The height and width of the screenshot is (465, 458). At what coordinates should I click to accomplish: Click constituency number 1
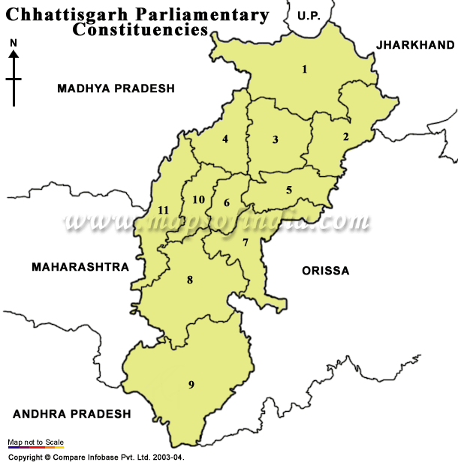pyautogui.click(x=305, y=70)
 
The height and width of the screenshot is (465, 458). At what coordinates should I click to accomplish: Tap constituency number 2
pyautogui.click(x=345, y=136)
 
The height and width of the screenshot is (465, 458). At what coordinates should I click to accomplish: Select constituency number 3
pyautogui.click(x=276, y=139)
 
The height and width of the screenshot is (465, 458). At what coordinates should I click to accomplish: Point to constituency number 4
pyautogui.click(x=224, y=139)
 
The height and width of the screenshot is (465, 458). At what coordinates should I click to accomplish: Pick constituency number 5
pyautogui.click(x=289, y=190)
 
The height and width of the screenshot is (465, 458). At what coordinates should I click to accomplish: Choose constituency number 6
pyautogui.click(x=226, y=203)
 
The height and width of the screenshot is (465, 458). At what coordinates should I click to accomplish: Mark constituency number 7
pyautogui.click(x=245, y=242)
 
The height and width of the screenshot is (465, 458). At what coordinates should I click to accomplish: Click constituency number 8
pyautogui.click(x=190, y=280)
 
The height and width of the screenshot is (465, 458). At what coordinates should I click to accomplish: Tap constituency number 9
pyautogui.click(x=191, y=385)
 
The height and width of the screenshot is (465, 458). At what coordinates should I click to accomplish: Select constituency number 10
pyautogui.click(x=198, y=199)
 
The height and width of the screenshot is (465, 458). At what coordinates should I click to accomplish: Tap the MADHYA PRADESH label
pyautogui.click(x=116, y=88)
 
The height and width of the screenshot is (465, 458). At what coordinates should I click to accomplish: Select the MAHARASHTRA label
pyautogui.click(x=80, y=266)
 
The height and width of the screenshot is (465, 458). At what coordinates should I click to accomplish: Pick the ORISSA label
pyautogui.click(x=325, y=271)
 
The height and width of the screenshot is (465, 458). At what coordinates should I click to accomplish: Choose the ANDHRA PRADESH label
pyautogui.click(x=72, y=413)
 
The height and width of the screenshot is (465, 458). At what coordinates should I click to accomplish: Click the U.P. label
pyautogui.click(x=308, y=15)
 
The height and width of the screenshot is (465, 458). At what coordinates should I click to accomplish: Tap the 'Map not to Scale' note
pyautogui.click(x=36, y=442)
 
